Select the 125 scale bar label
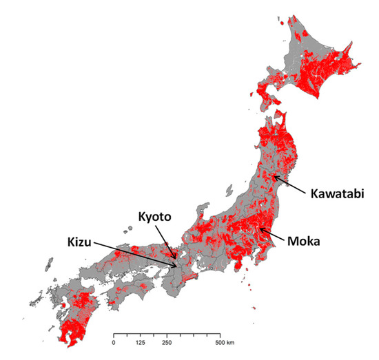[141, 342]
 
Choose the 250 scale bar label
[167, 342]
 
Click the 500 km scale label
[224, 342]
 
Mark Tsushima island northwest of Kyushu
[50, 263]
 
